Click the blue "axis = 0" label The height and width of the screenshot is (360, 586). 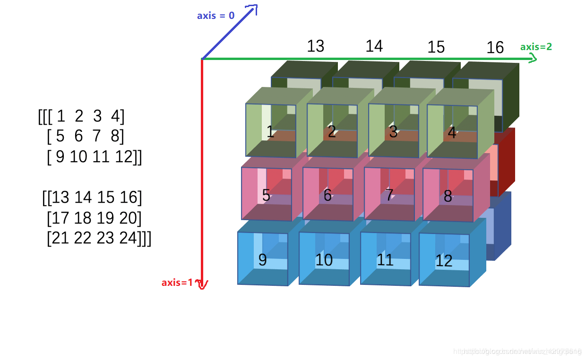[215, 16]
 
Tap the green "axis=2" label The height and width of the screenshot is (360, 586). [536, 47]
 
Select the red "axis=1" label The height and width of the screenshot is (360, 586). [177, 283]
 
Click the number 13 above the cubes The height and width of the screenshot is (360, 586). [315, 46]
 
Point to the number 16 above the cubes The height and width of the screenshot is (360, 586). [495, 47]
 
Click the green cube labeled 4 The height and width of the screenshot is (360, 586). [452, 131]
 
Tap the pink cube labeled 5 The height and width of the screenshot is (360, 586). [267, 194]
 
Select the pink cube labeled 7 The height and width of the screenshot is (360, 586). [389, 194]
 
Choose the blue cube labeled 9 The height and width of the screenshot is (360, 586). [263, 259]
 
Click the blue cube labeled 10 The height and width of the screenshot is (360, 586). [324, 259]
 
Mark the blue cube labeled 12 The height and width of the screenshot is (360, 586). [444, 260]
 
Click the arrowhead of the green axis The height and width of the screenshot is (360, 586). [533, 59]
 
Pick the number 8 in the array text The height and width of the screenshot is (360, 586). [115, 137]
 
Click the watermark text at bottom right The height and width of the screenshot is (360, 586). [517, 351]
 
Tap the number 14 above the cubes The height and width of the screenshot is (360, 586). [374, 46]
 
